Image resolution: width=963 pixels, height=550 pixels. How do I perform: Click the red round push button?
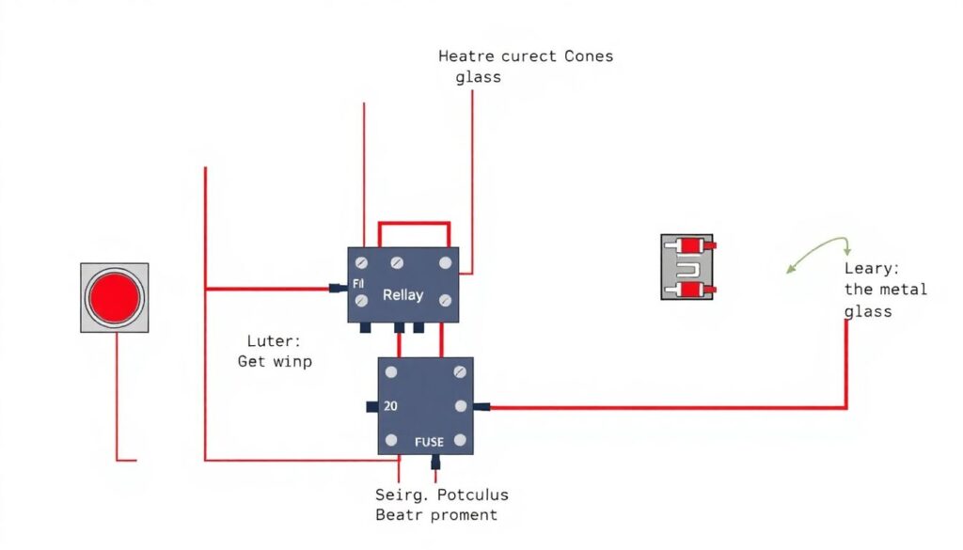coord(114,296)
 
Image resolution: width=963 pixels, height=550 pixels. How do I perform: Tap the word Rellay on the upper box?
coord(403,294)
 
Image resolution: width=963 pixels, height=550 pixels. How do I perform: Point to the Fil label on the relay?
coord(358,283)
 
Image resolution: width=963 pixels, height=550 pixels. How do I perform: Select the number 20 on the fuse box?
coord(392,407)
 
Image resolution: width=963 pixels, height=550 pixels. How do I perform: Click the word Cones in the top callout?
coord(588,56)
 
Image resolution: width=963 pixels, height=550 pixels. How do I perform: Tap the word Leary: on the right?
coord(872,268)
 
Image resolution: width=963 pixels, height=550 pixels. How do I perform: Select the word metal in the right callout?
coord(904,290)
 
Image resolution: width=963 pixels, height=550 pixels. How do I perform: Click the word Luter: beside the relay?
coord(268,340)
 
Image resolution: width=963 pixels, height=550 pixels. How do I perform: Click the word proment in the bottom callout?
coord(464,515)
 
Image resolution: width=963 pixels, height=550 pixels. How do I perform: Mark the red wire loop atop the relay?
coord(414,224)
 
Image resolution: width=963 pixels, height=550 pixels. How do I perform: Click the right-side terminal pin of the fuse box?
coord(482,407)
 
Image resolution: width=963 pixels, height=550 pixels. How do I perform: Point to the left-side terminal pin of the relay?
coord(334,288)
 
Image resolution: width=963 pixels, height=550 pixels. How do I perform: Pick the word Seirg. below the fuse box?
coord(396,495)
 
